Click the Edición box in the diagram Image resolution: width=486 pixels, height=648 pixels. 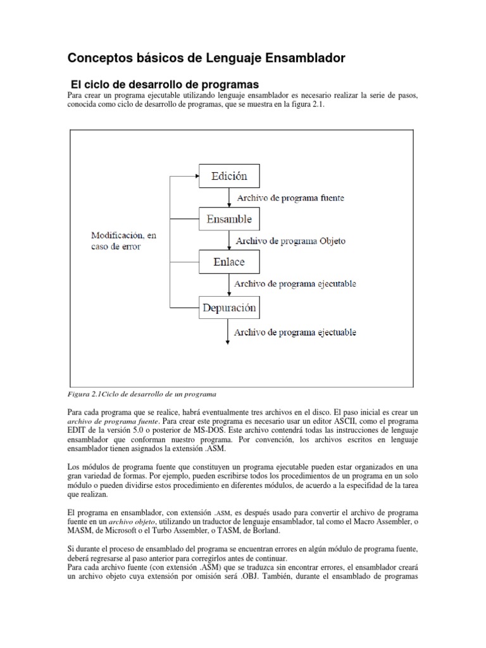click(230, 175)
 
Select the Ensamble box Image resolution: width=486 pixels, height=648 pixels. click(228, 219)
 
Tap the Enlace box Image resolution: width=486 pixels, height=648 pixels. click(228, 261)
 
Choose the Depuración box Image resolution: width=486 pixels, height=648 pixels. click(229, 308)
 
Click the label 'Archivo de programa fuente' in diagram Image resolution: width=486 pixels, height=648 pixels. click(290, 198)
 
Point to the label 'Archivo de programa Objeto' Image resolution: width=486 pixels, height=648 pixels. click(290, 241)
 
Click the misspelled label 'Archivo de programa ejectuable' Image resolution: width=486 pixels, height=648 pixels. click(295, 332)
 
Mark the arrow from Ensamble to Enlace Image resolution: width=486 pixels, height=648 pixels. click(228, 240)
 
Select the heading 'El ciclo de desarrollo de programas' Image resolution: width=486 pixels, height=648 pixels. click(165, 84)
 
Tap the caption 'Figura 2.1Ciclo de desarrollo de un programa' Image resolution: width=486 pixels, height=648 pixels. click(142, 394)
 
